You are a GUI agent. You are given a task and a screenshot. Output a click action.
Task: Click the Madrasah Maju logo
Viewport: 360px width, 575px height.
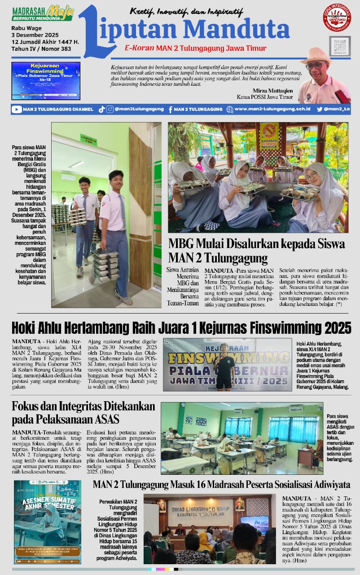point(43,13)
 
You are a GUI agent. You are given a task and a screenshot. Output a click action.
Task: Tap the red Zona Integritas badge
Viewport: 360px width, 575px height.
point(337,17)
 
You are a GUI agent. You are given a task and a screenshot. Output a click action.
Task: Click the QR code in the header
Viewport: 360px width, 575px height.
point(340,46)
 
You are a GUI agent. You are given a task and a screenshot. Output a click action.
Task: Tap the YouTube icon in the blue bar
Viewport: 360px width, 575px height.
point(17,109)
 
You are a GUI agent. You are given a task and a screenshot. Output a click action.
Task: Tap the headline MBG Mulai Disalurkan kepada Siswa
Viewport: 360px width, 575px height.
point(256,244)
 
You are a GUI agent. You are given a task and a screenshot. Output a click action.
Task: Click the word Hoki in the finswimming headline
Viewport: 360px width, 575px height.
point(24,327)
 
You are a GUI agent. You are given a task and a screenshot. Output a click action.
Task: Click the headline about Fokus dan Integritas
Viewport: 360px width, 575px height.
point(83,412)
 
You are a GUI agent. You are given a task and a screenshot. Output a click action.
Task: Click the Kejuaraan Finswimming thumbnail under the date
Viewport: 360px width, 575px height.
point(46,81)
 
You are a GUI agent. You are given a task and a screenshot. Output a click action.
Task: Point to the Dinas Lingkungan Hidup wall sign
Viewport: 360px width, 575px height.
point(201,507)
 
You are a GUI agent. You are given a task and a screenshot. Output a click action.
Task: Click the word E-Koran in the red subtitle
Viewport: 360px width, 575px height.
point(140,49)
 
